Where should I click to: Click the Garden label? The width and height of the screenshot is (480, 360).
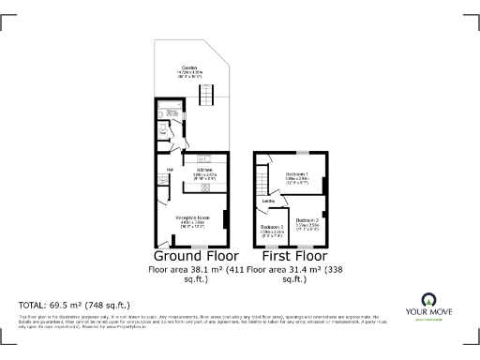tap(190, 67)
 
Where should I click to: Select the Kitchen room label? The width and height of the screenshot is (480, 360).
tap(204, 170)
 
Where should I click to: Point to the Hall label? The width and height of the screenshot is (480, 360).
tap(171, 170)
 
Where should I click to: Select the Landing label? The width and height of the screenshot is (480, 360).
tap(268, 201)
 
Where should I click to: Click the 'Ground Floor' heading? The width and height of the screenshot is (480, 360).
tap(195, 255)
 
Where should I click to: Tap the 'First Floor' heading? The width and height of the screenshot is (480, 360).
tap(294, 255)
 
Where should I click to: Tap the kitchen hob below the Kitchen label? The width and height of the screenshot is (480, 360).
tap(205, 187)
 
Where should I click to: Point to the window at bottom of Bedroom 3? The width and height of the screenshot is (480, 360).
tap(272, 246)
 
